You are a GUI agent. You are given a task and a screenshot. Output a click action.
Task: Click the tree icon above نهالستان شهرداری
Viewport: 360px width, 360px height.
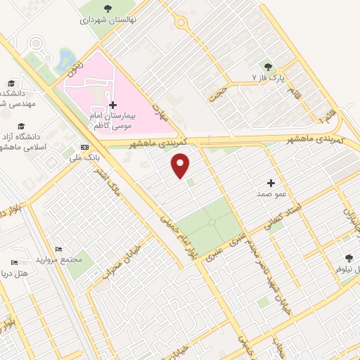(108, 9)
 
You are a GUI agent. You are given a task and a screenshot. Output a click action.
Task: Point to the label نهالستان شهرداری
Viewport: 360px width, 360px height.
(108, 21)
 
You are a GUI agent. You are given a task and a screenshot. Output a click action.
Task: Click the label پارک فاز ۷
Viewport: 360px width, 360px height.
(268, 75)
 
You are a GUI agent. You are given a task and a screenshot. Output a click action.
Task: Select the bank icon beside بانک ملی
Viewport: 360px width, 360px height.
(85, 148)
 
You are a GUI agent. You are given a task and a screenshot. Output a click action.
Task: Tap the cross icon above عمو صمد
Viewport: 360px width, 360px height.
(271, 182)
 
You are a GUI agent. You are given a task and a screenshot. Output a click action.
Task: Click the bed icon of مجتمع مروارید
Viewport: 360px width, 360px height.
(59, 250)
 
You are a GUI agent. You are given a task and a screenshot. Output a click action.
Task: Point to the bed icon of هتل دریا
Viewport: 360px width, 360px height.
(15, 262)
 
